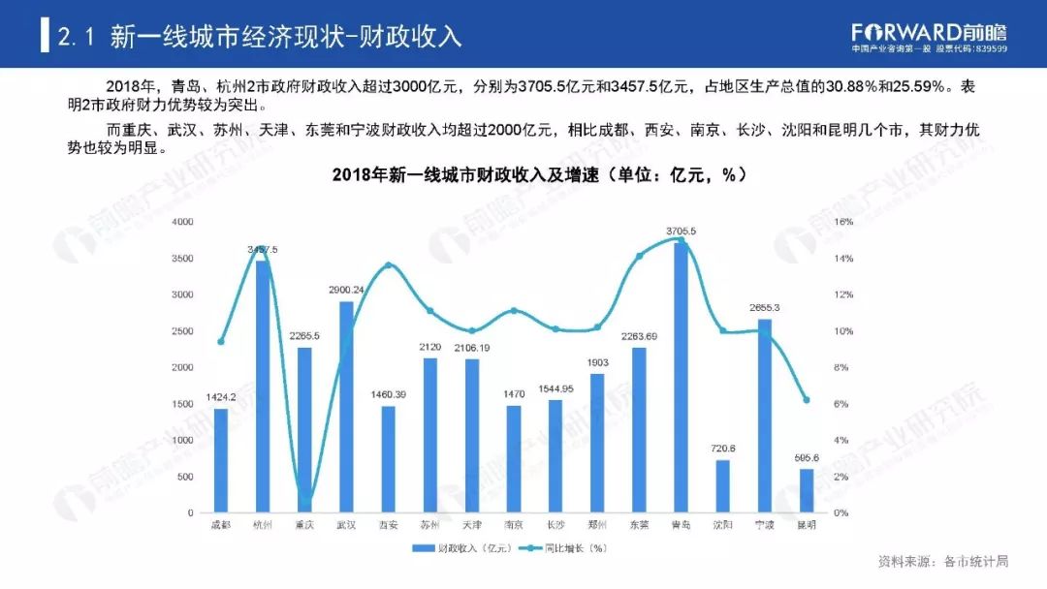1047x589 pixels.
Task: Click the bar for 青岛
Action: coord(681,378)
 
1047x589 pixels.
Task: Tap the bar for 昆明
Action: coord(807,491)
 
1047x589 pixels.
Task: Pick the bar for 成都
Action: coord(221,461)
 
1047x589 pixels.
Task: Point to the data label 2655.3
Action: coord(765,307)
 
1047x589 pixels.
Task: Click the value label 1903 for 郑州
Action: coord(597,362)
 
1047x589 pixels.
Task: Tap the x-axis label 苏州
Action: coord(429,525)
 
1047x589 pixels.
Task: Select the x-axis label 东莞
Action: coord(639,525)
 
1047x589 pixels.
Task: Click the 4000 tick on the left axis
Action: coord(182,223)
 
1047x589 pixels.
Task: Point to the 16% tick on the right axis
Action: coord(843,223)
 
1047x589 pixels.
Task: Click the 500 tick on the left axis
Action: coord(185,477)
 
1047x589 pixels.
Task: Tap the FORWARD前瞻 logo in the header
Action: coord(929,32)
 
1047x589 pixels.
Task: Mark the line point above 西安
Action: coord(388,264)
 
